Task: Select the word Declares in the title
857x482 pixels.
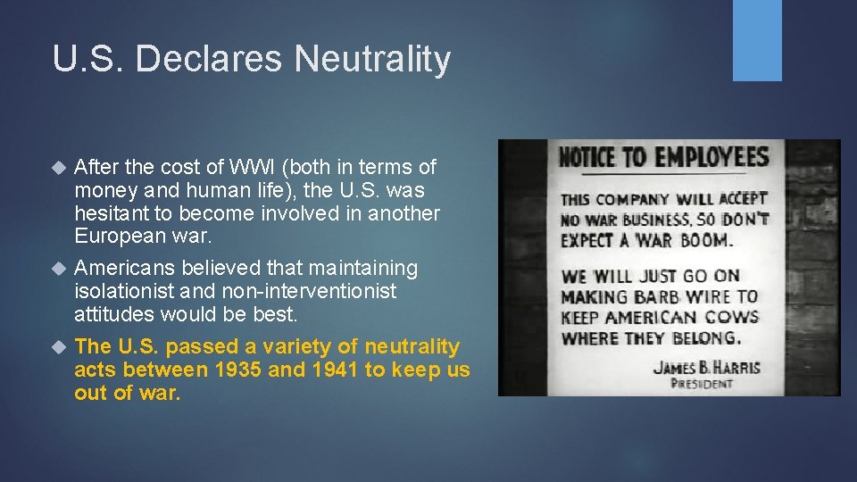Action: tap(212, 59)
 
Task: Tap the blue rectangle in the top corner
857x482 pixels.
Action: tap(757, 39)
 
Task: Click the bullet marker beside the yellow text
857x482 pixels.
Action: tap(60, 346)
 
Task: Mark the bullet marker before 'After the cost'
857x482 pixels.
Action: tap(60, 167)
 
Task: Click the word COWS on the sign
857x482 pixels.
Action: tap(730, 317)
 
